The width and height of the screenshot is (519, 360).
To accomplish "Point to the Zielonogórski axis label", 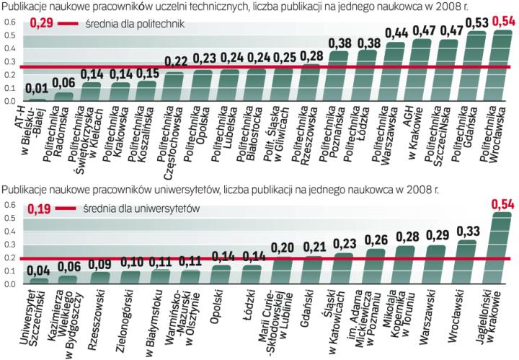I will [x=125, y=315].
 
